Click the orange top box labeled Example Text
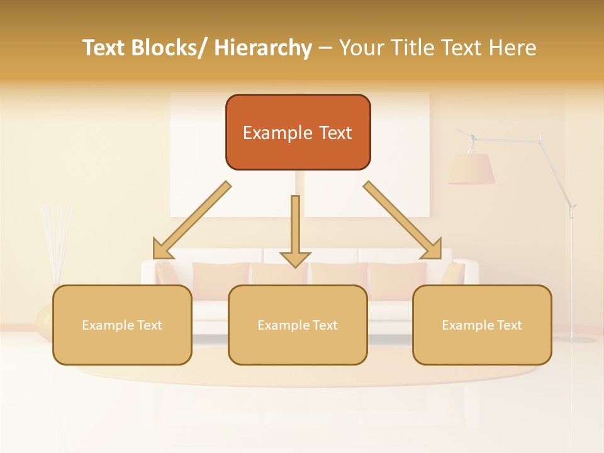click(298, 132)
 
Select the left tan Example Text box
click(122, 325)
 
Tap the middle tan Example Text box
click(298, 325)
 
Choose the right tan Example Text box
click(482, 325)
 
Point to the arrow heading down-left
click(192, 220)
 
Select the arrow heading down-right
click(403, 220)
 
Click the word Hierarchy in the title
click(263, 48)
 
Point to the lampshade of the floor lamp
click(471, 169)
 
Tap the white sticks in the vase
click(55, 239)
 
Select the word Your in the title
click(361, 48)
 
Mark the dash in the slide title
click(325, 48)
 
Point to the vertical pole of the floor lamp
click(572, 277)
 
